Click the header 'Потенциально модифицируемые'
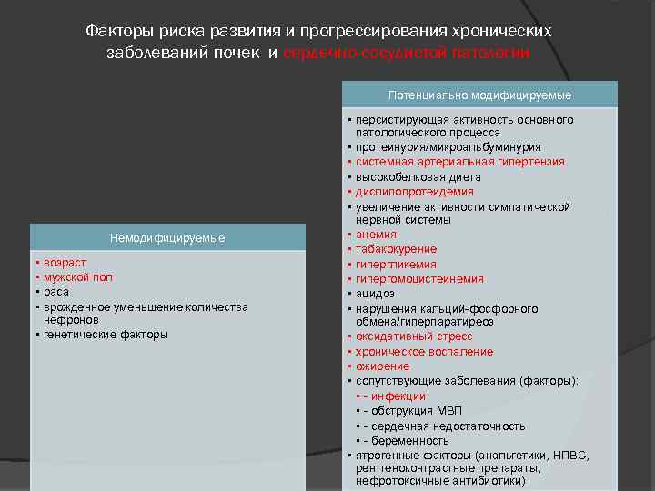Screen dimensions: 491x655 pyautogui.click(x=479, y=95)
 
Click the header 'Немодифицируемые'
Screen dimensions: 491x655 pyautogui.click(x=166, y=238)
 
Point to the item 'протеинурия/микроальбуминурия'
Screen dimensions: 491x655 pyautogui.click(x=448, y=147)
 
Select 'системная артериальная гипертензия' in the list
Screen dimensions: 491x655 pyautogui.click(x=460, y=162)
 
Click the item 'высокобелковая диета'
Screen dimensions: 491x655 pyautogui.click(x=418, y=177)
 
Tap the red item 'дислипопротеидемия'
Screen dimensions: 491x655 pyautogui.click(x=415, y=192)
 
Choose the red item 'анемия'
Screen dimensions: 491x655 pyautogui.click(x=377, y=235)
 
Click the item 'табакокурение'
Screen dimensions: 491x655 pyautogui.click(x=397, y=249)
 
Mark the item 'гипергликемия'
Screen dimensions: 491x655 pyautogui.click(x=395, y=264)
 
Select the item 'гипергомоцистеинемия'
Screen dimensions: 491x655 pyautogui.click(x=420, y=279)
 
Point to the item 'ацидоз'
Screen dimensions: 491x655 pyautogui.click(x=375, y=294)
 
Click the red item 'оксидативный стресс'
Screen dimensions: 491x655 pyautogui.click(x=414, y=336)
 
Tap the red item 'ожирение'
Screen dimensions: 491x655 pyautogui.click(x=384, y=366)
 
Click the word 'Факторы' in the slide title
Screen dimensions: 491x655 pyautogui.click(x=115, y=30)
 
